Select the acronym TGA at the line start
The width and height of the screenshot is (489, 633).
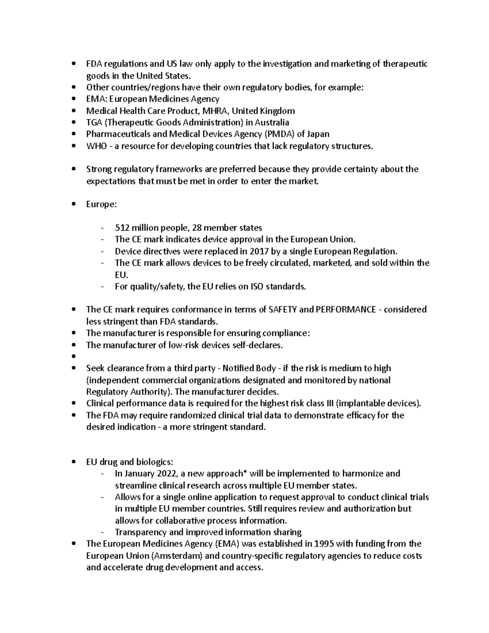[x=93, y=123]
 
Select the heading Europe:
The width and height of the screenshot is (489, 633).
[x=101, y=204]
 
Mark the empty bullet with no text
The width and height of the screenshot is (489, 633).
[x=73, y=357]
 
